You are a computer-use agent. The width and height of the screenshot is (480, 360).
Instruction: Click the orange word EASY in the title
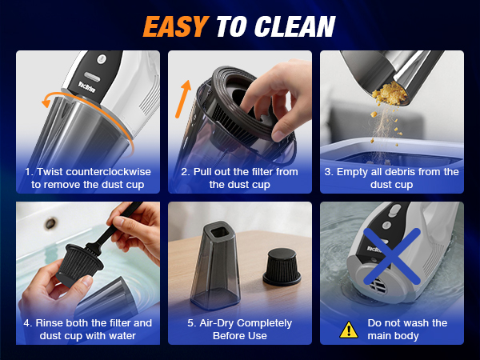coord(178,26)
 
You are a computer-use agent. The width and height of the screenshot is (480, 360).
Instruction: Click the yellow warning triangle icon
coord(349,330)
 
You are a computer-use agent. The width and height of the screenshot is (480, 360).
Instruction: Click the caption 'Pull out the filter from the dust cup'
coord(240,178)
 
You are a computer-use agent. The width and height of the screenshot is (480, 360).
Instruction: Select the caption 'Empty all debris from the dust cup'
coord(392,178)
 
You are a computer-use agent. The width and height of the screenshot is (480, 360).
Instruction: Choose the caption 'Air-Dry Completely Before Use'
coord(240,329)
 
